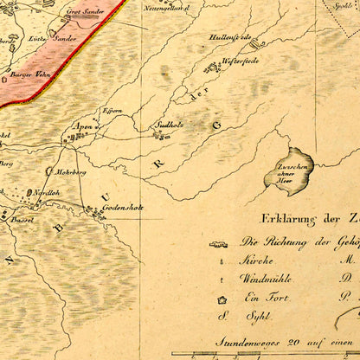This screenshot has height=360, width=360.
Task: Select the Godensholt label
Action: coord(121,209)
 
